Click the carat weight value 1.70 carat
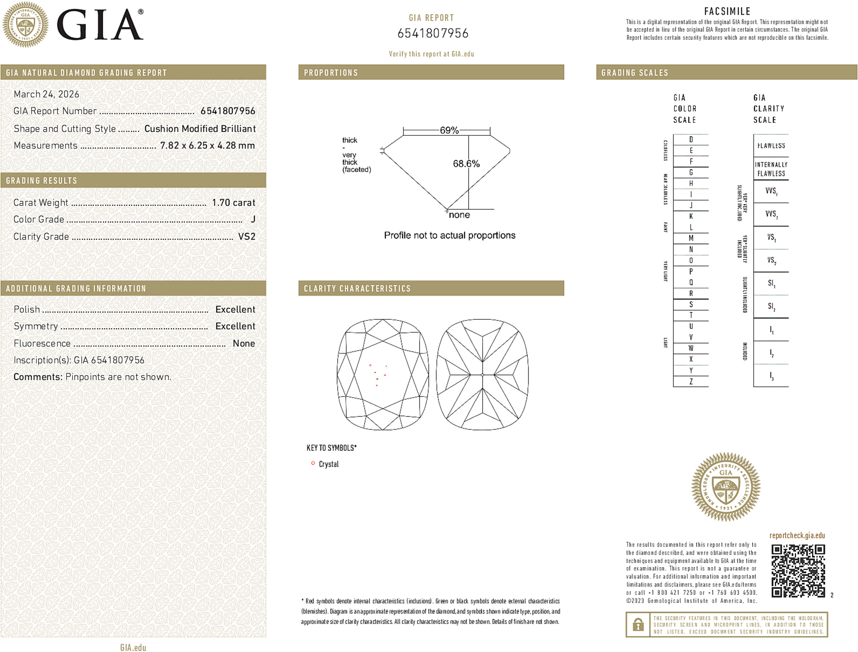click(233, 203)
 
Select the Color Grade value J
click(253, 220)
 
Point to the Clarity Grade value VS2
click(246, 237)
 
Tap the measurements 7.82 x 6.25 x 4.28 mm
click(207, 146)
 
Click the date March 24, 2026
click(46, 94)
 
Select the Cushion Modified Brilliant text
click(200, 129)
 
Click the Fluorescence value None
click(244, 343)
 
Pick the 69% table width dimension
click(449, 130)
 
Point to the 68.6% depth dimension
click(466, 164)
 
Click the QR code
click(798, 571)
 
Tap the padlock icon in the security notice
click(638, 624)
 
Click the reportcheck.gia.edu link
click(797, 536)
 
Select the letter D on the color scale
click(691, 139)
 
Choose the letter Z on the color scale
click(691, 381)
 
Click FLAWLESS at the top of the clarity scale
click(771, 146)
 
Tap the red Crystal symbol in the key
click(313, 464)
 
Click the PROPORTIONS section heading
click(331, 73)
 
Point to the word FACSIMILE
click(727, 11)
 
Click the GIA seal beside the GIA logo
click(26, 25)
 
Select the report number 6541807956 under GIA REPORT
click(433, 33)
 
